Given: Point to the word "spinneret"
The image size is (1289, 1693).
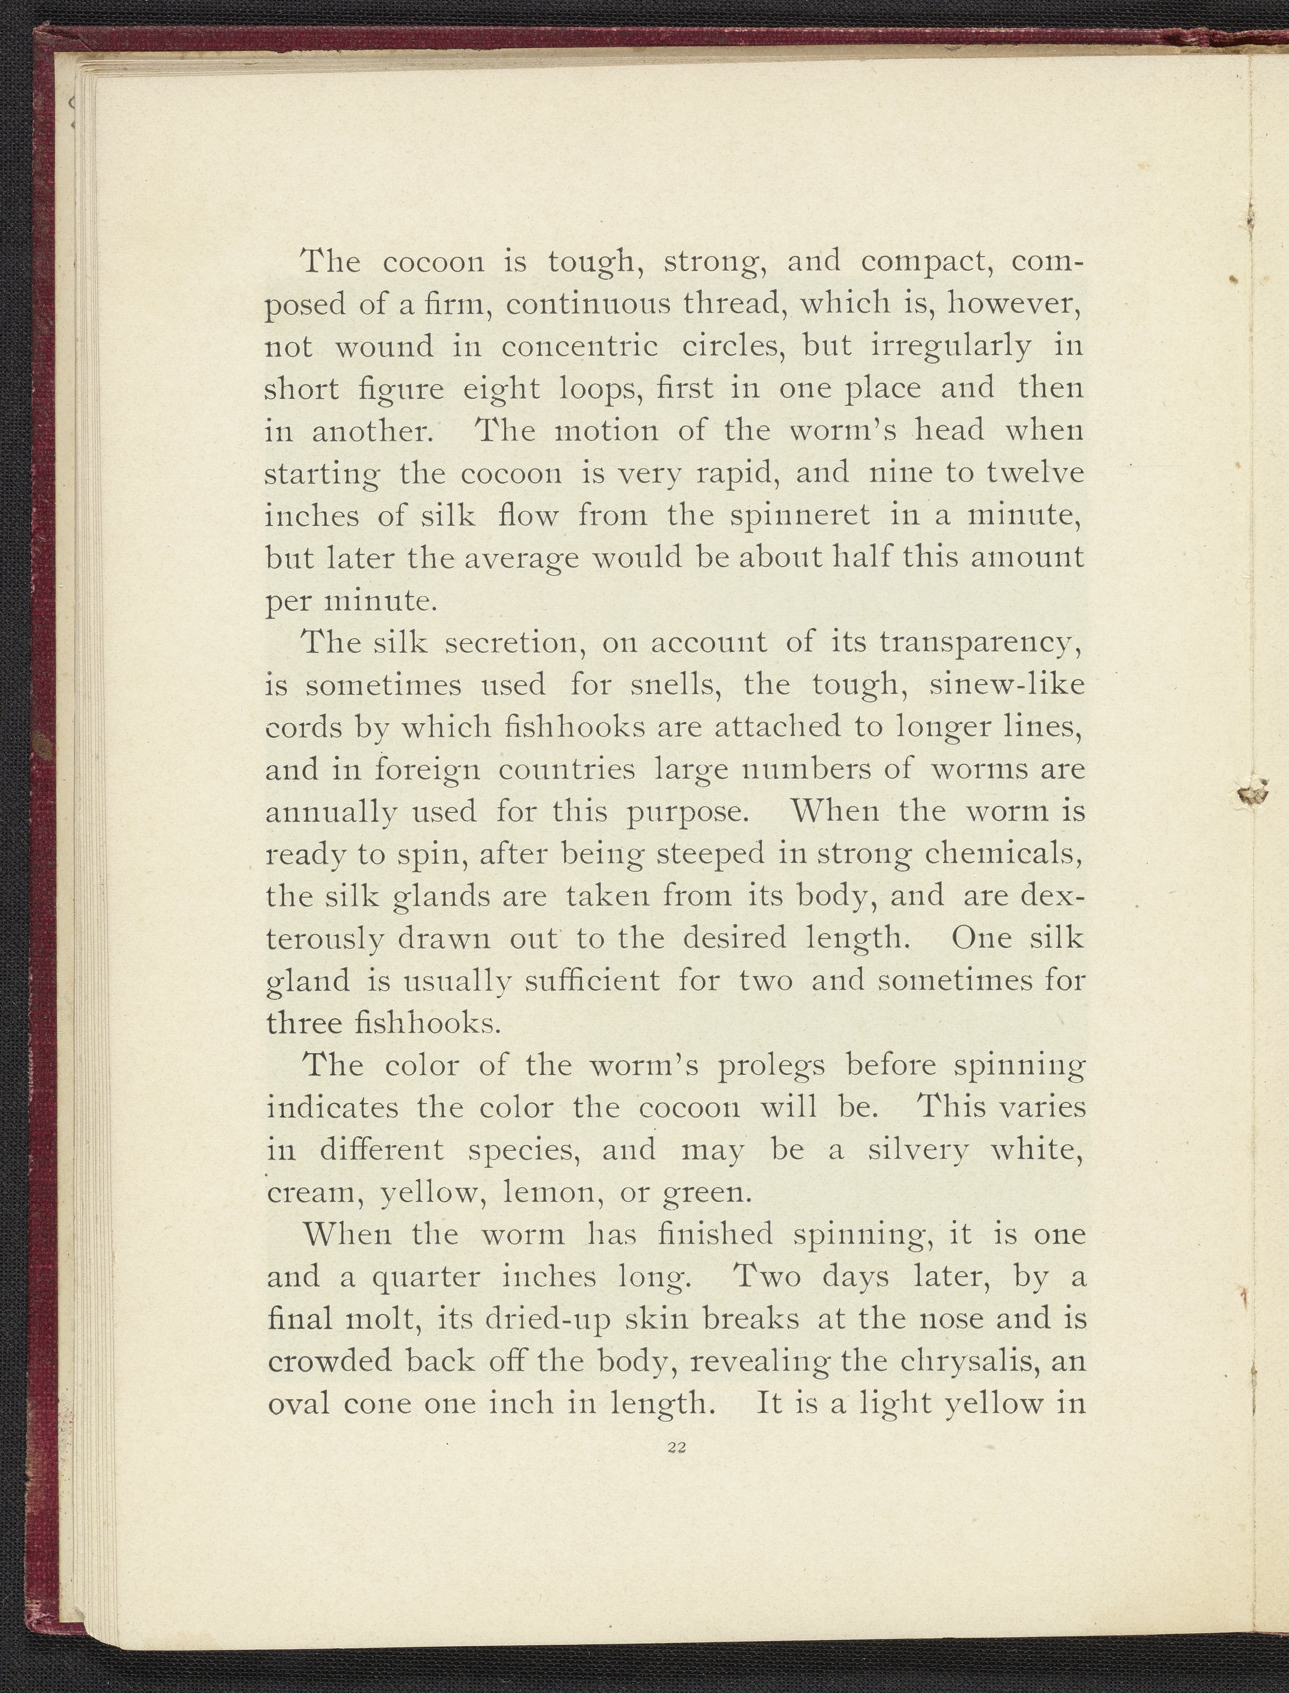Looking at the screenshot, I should [798, 516].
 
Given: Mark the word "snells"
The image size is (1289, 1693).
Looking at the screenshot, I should [673, 685].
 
